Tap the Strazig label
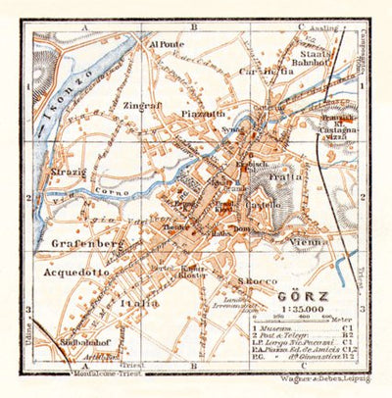pyautogui.click(x=67, y=173)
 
